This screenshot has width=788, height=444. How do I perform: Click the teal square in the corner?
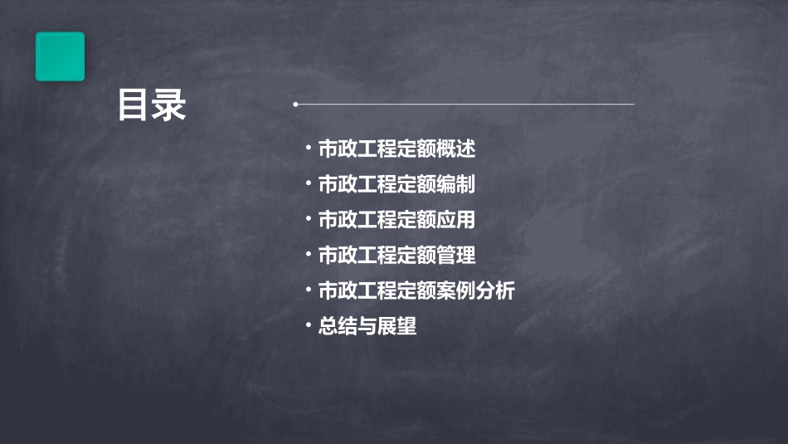point(60,56)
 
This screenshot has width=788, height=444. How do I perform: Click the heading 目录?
point(152,105)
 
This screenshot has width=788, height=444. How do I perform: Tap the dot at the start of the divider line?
point(295,105)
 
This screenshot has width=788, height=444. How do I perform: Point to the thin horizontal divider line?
point(465,105)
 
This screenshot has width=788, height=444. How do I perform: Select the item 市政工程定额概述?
point(396,149)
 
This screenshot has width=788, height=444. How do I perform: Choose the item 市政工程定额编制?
point(396,184)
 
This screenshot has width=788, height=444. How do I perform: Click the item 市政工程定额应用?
point(396,220)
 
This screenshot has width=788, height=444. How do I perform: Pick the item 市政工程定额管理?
point(396,256)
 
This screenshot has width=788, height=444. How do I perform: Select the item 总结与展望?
point(367,326)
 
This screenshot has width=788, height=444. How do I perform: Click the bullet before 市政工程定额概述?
point(308,148)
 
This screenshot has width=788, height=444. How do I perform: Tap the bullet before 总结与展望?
point(308,324)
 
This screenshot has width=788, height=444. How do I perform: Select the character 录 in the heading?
point(169,105)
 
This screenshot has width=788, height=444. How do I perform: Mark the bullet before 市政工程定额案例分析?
point(308,290)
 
